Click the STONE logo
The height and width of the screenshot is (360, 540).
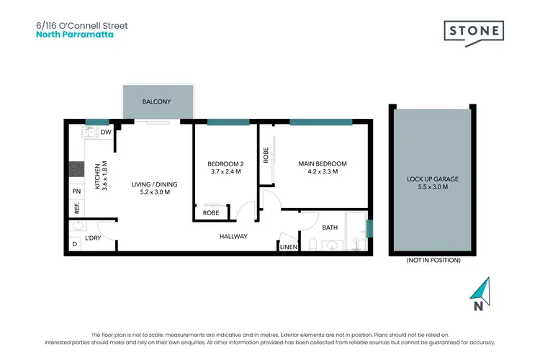[x=473, y=32]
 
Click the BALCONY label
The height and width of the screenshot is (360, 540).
[x=157, y=102]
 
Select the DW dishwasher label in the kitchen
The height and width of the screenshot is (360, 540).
[x=105, y=132]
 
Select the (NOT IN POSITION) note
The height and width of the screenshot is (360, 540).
[x=433, y=260]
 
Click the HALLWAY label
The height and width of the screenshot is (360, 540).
[x=233, y=236]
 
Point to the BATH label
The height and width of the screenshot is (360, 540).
[x=330, y=228]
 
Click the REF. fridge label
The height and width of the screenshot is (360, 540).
[x=76, y=209]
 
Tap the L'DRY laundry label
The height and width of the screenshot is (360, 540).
[x=93, y=238]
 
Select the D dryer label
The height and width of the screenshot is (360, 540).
[x=74, y=245]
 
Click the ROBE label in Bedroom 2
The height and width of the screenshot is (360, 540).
[x=211, y=213]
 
